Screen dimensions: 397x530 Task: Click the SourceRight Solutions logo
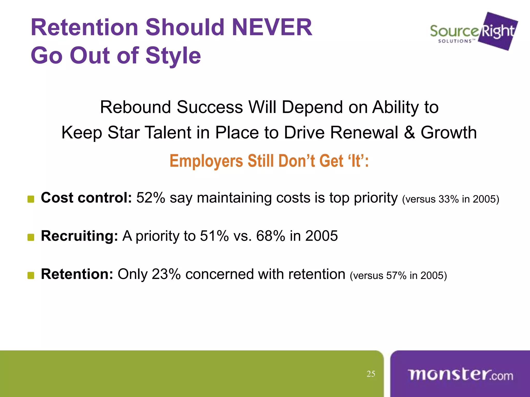pos(474,32)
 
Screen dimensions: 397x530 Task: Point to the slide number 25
pos(371,374)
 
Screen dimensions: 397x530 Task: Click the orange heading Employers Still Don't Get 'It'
pos(269,161)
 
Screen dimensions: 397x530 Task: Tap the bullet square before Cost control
pos(31,199)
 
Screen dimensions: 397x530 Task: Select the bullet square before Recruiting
pos(31,237)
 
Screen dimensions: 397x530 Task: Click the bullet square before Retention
pos(31,276)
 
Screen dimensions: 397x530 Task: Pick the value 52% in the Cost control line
pos(151,198)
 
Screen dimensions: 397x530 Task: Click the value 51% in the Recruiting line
pos(214,236)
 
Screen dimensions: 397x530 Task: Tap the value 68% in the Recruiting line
pos(270,236)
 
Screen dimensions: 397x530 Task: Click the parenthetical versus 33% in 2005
pos(451,199)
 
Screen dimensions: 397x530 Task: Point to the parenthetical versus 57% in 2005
pos(398,276)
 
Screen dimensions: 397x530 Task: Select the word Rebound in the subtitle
pos(135,107)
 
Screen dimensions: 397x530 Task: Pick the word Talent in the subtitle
pos(168,133)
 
